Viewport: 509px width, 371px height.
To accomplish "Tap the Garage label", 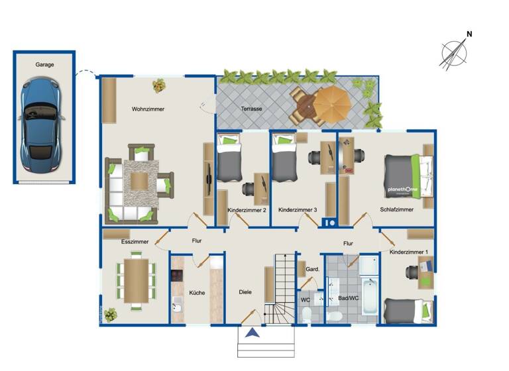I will point(44,65).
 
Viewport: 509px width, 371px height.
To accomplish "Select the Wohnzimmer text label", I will point(148,109).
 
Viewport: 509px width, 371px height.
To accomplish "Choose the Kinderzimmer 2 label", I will point(247,210).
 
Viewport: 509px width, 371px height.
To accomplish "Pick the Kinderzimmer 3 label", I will point(298,210).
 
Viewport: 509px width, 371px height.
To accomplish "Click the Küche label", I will point(197,292).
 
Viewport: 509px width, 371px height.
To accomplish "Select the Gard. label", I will point(313,270).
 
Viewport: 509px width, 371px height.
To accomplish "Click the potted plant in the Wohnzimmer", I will point(159,85).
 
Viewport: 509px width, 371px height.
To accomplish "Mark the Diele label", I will point(246,292).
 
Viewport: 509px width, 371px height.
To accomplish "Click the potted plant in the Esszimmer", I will point(109,313).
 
